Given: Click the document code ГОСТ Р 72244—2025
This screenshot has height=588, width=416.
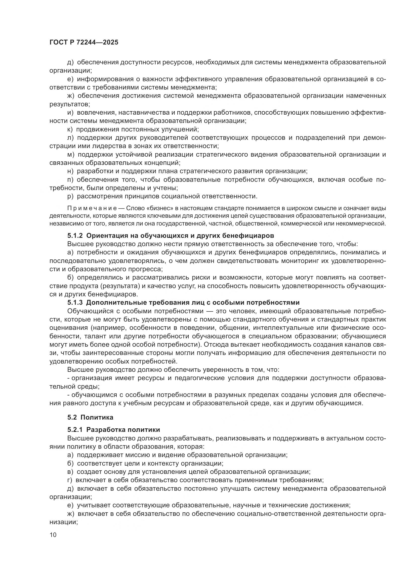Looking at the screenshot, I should click(84, 42).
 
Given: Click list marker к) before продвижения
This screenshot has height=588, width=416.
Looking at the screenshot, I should click(70, 129).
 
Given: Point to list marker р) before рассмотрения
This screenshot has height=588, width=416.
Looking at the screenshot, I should click(70, 196).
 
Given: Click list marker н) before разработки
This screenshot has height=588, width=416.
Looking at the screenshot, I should click(70, 171).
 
